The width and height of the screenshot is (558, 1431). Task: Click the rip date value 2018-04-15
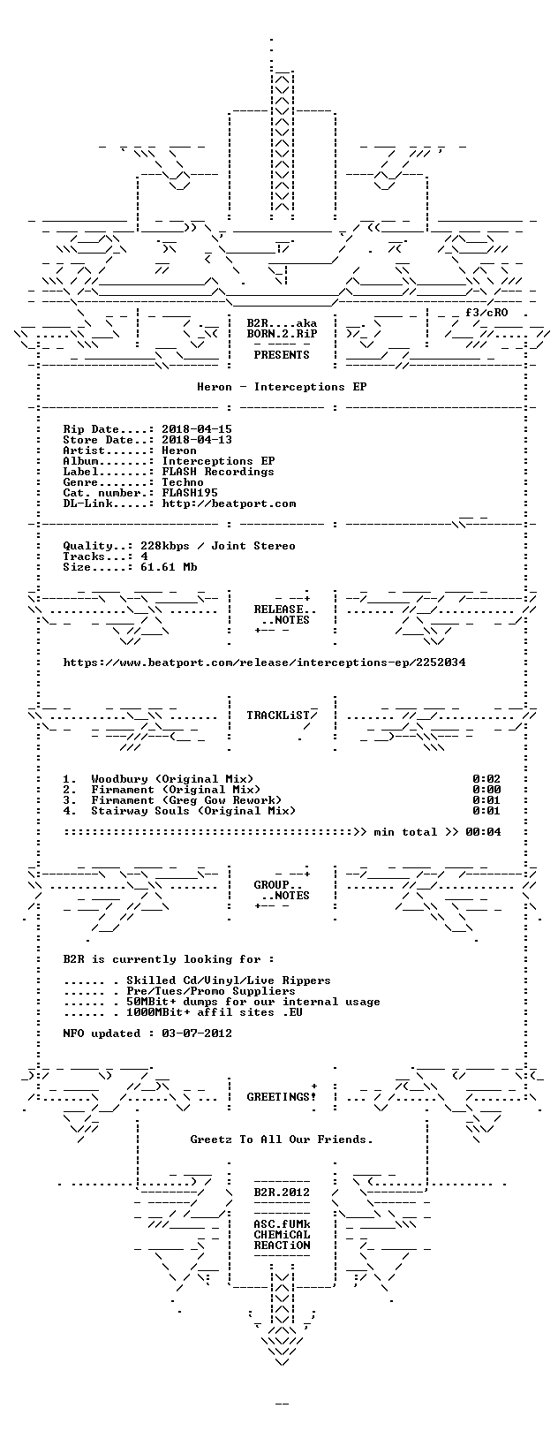[197, 429]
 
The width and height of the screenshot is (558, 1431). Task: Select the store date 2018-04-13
[197, 440]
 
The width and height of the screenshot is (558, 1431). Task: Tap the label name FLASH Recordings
[218, 472]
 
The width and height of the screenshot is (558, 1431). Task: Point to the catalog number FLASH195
[190, 493]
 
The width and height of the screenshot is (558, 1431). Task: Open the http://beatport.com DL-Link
[230, 504]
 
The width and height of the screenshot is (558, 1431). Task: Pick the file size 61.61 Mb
[169, 567]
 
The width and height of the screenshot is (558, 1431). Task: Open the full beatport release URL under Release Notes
[264, 662]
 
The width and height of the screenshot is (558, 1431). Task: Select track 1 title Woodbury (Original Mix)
[172, 779]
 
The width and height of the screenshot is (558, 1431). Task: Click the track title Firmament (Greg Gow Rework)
[185, 800]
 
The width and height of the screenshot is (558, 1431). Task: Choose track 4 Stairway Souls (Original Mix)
[193, 811]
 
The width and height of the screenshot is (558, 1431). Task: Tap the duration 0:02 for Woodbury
[486, 779]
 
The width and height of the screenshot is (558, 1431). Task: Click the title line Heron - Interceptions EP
[282, 387]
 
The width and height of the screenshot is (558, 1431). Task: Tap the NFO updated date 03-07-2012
[197, 1033]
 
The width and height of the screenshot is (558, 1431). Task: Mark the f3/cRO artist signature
[486, 313]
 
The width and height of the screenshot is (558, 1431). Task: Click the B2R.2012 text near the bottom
[282, 1192]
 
